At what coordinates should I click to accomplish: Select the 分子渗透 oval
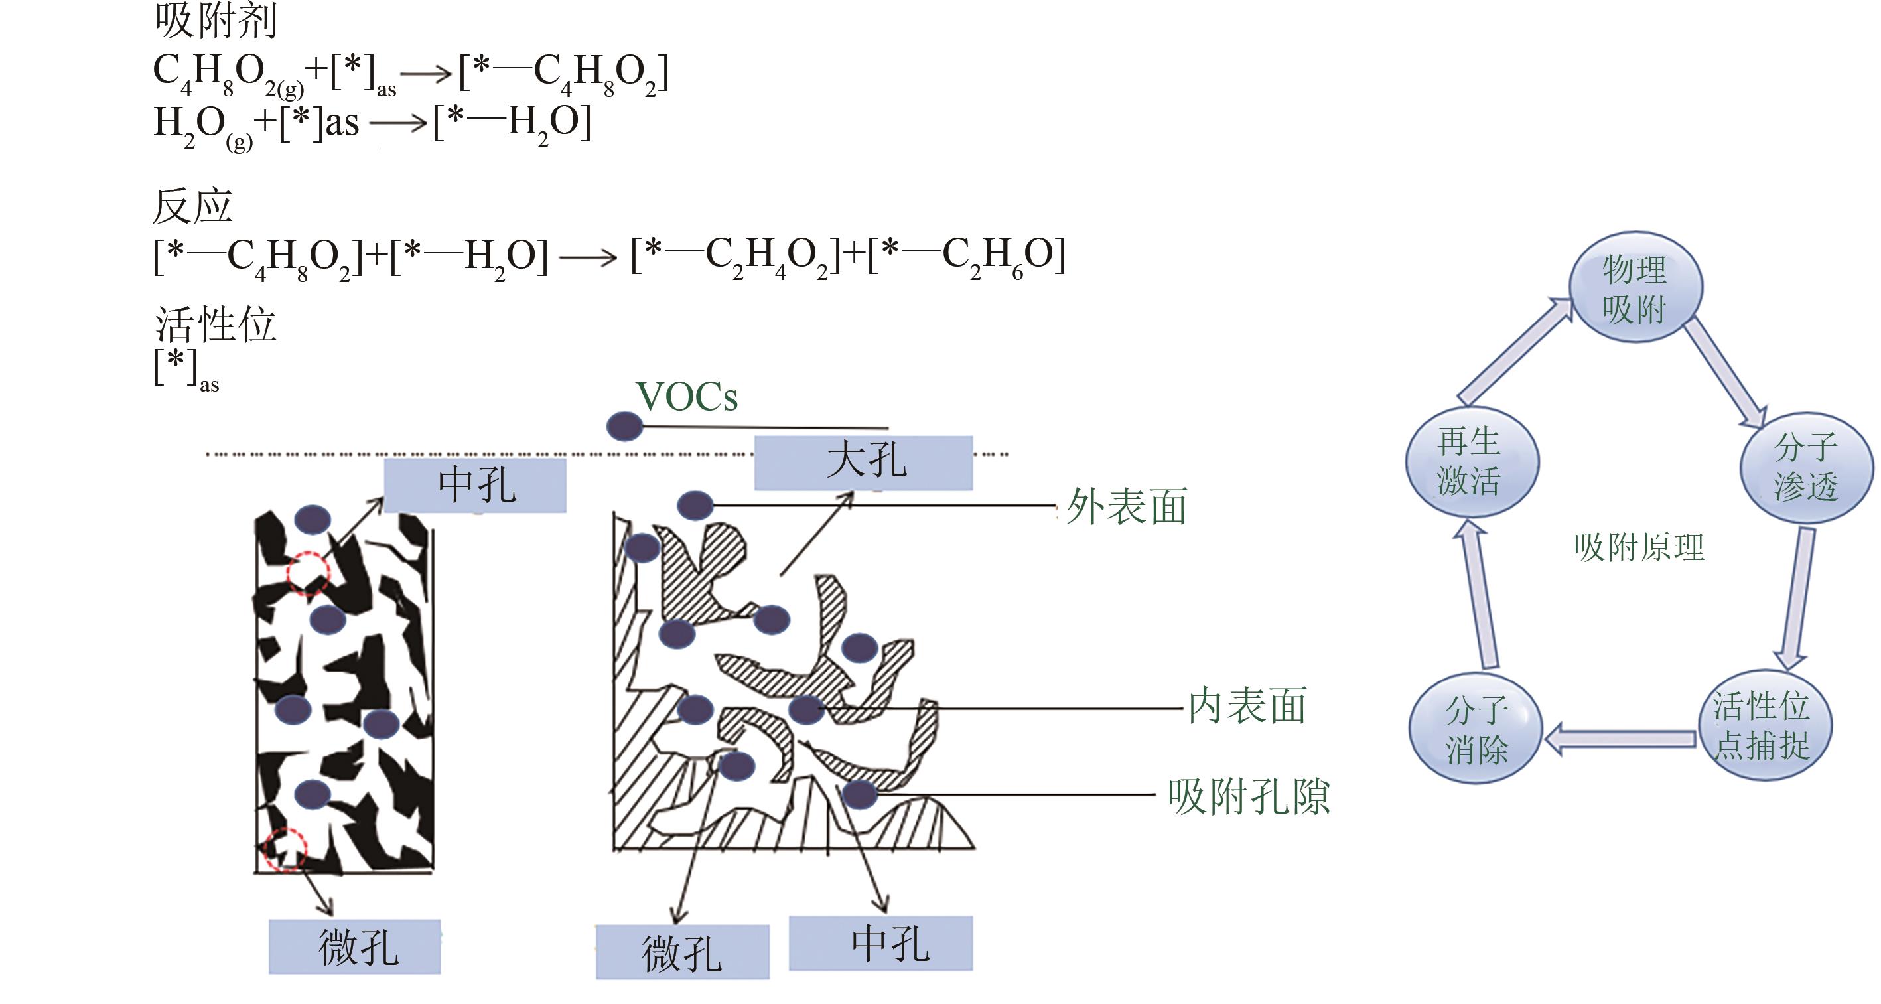coord(1806,467)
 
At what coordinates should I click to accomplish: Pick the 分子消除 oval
coord(1475,729)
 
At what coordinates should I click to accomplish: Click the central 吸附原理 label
coord(1639,547)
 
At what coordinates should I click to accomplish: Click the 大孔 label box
coord(863,463)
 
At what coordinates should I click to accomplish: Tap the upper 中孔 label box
coord(475,485)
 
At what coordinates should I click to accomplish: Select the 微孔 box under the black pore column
coord(355,946)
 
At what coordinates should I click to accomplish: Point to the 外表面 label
coord(1126,507)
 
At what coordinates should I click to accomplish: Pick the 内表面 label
coord(1247,706)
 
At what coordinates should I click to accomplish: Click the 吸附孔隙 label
coord(1248,796)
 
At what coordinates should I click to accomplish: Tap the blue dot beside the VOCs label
coord(624,426)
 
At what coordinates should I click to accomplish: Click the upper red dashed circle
coord(307,573)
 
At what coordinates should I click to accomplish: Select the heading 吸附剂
coord(216,21)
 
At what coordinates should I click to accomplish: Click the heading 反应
coord(192,206)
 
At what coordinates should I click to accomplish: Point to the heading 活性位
coord(216,324)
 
